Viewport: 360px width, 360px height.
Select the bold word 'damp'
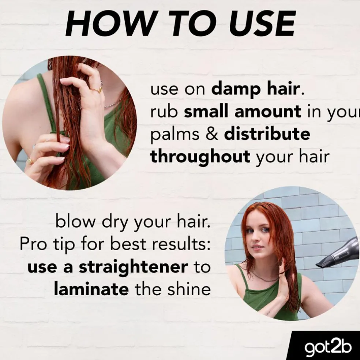[236, 90]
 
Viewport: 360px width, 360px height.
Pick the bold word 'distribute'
[267, 134]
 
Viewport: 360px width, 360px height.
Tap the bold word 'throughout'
[200, 157]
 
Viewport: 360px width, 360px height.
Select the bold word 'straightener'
[134, 267]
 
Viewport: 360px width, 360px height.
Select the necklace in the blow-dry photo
[264, 277]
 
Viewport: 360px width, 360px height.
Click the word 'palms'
[175, 135]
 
